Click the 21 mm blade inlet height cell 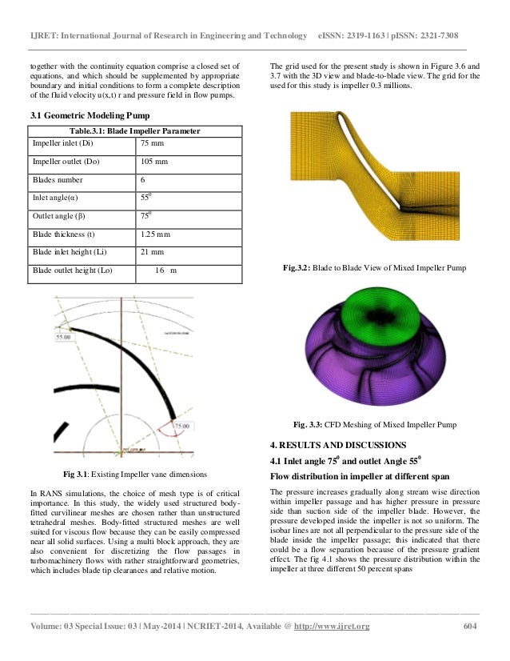coord(152,252)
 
